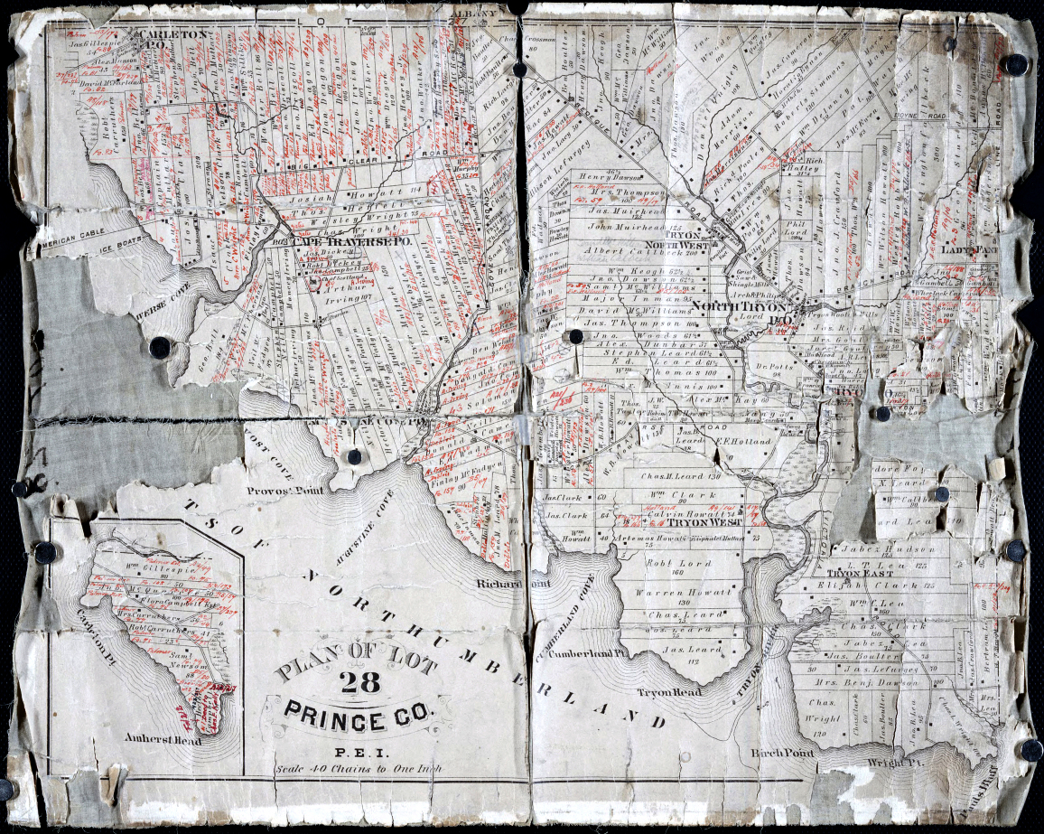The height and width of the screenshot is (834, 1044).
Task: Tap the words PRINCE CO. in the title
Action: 359,720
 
